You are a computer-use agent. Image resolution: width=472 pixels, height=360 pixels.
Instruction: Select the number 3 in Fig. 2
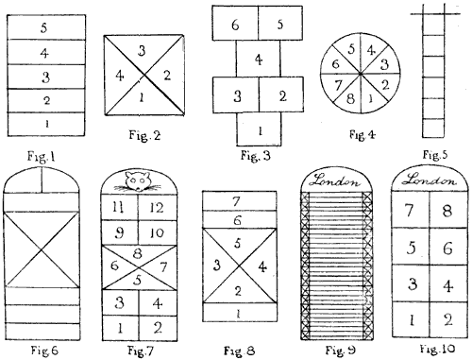(x=142, y=48)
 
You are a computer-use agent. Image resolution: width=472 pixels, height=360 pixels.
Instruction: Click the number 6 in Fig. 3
(x=234, y=25)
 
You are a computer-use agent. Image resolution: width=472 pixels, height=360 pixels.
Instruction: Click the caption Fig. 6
(x=33, y=350)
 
